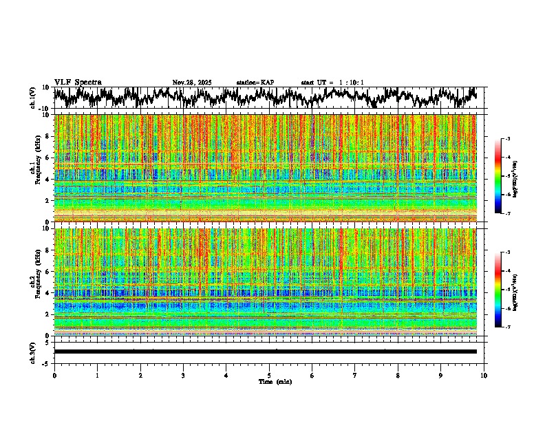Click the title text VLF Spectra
point(78,83)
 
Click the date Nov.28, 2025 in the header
point(192,83)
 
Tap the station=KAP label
point(255,83)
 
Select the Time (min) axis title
point(275,382)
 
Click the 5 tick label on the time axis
point(269,376)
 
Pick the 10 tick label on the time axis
point(484,376)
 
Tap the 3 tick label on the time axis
point(183,376)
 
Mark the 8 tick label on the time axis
point(398,376)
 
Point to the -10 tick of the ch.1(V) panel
point(43,109)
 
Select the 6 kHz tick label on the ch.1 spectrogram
point(47,158)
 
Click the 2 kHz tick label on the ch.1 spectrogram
point(47,200)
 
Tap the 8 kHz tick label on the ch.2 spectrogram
point(47,250)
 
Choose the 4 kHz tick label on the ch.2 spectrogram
point(47,293)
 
